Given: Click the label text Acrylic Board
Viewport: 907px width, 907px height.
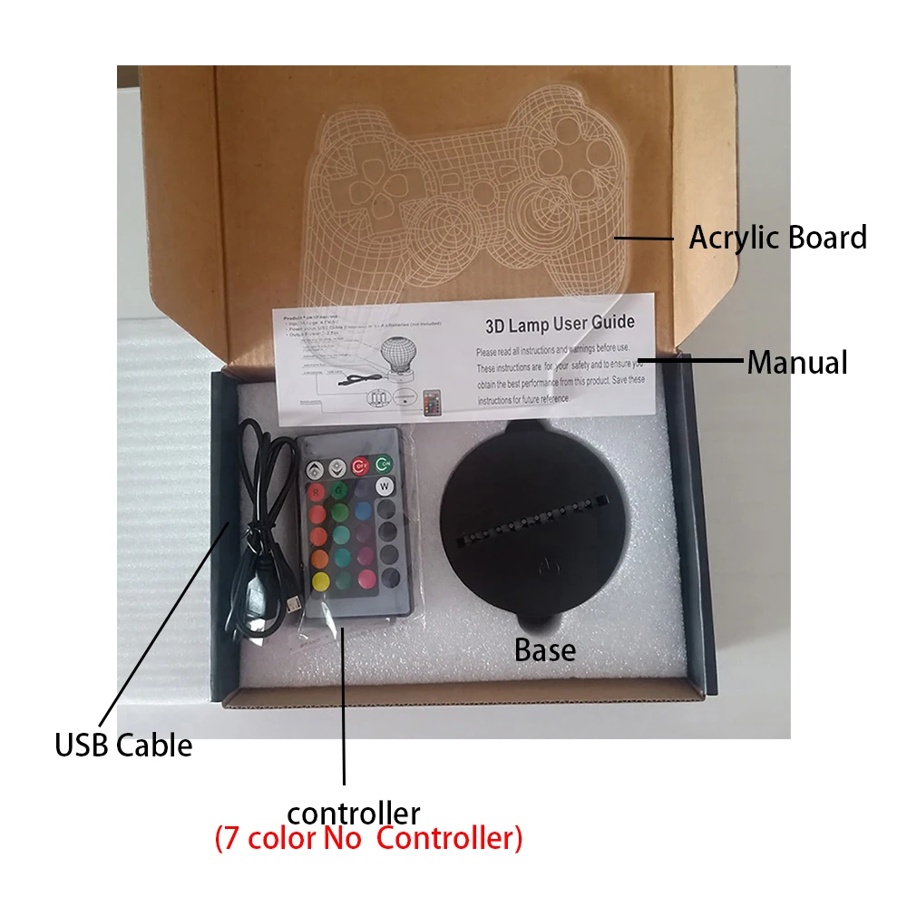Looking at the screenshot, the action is pyautogui.click(x=777, y=238).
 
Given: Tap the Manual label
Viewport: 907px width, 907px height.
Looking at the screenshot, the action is pyautogui.click(x=796, y=363).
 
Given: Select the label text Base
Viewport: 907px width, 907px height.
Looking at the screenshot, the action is pyautogui.click(x=544, y=649).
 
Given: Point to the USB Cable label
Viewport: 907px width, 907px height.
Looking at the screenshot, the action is pyautogui.click(x=123, y=746).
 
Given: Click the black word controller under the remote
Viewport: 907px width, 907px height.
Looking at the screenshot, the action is pyautogui.click(x=353, y=812).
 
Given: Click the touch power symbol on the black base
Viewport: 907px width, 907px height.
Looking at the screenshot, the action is pyautogui.click(x=544, y=570).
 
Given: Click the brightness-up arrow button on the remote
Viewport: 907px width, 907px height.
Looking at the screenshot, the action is pyautogui.click(x=315, y=470).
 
